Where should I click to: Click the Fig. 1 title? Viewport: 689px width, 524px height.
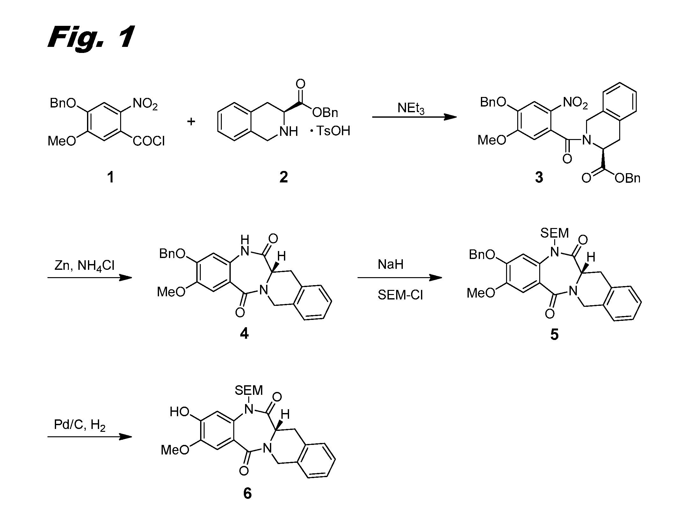91,38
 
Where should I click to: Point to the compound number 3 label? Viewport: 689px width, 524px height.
539,177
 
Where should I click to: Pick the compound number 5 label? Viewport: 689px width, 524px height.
555,335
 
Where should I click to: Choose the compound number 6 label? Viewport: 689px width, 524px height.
247,493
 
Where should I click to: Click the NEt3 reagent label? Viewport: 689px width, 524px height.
411,108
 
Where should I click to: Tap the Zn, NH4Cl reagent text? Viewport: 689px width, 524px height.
84,266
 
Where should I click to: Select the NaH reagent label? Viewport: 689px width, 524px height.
390,264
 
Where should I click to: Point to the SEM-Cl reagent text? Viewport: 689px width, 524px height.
400,295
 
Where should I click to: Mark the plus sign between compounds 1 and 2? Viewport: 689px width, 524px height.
191,122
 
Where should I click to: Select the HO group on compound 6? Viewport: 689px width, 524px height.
180,412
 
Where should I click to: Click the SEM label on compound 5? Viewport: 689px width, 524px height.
555,233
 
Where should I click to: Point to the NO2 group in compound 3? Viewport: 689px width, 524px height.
576,103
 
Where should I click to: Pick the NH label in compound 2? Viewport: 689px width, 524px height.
289,131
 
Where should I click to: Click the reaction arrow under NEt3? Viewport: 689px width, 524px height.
414,117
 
